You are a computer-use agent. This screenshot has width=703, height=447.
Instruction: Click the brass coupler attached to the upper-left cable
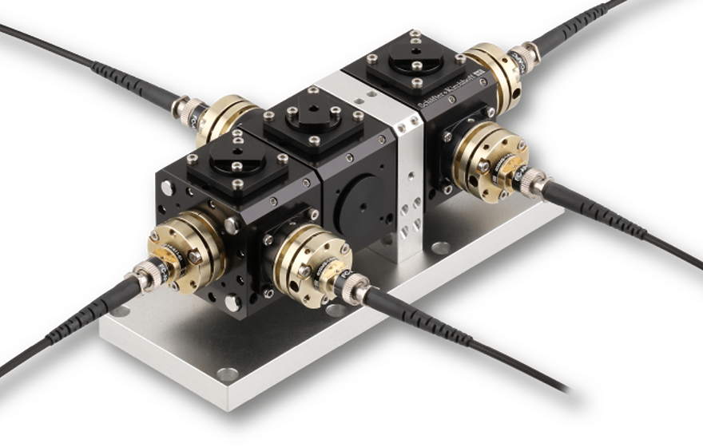tap(222, 117)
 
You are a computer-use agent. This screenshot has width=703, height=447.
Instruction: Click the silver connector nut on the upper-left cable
tap(191, 114)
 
